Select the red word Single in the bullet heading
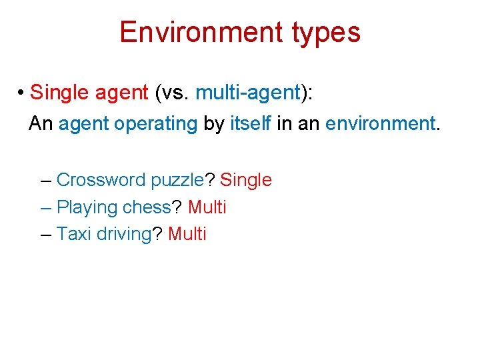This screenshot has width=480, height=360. tap(59, 93)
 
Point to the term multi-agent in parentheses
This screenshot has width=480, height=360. tap(248, 93)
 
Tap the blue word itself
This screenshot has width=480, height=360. tap(250, 123)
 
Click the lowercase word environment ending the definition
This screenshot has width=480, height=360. tap(380, 123)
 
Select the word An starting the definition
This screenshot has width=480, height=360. tap(41, 123)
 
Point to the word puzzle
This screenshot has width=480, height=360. tap(177, 181)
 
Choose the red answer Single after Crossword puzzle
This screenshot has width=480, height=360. tap(246, 181)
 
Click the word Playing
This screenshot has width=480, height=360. tap(87, 207)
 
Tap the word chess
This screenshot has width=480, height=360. tap(147, 207)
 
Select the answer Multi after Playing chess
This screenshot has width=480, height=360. tap(207, 207)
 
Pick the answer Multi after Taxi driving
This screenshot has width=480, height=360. tap(187, 234)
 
